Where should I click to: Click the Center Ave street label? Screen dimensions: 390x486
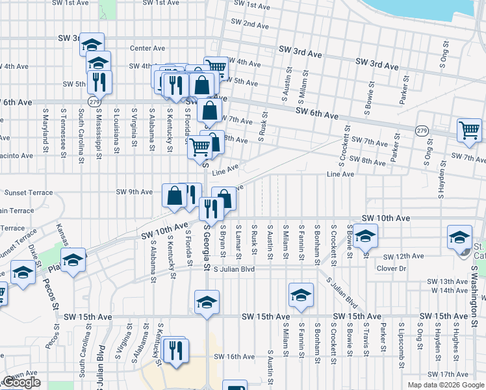(148, 48)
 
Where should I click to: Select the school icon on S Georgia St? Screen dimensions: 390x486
(207, 302)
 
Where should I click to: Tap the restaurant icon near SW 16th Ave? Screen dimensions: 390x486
(175, 351)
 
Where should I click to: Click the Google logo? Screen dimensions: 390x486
(21, 383)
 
